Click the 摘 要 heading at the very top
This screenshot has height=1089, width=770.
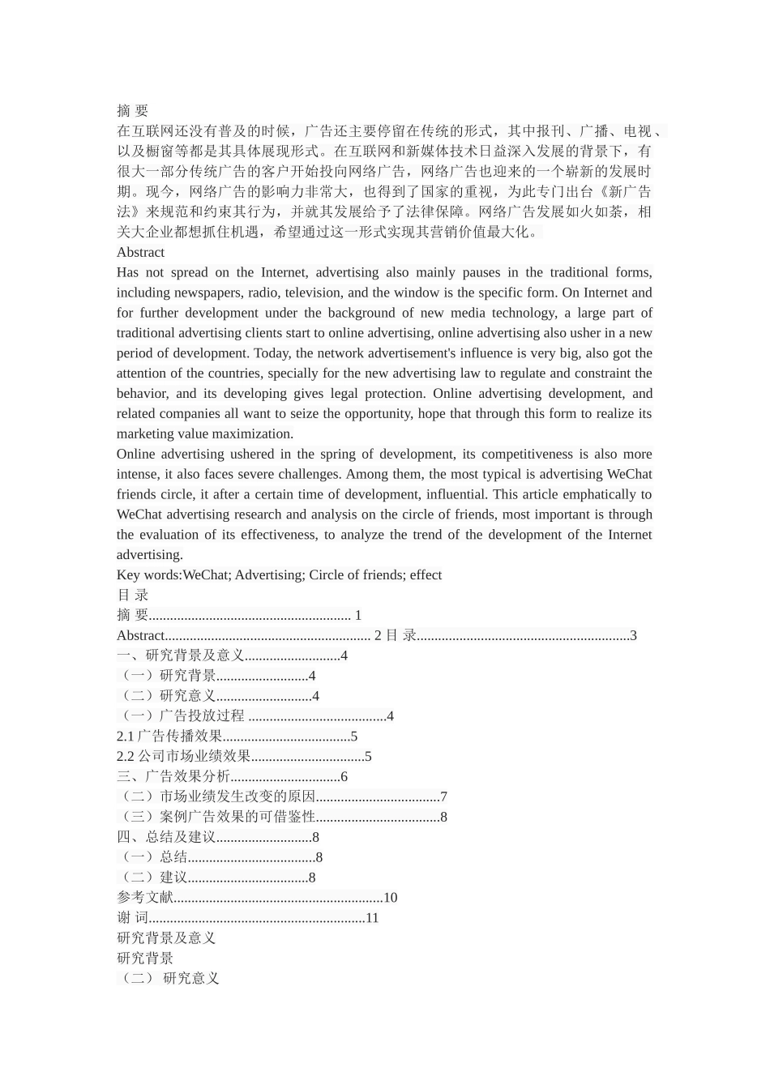[132, 111]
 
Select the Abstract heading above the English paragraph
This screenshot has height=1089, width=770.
[140, 252]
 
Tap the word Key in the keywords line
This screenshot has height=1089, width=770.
[129, 575]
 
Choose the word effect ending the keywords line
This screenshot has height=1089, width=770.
[426, 575]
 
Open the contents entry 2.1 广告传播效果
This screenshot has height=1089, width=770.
[169, 737]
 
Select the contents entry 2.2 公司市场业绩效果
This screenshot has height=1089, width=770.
[184, 757]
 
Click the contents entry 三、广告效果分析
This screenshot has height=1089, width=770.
[173, 777]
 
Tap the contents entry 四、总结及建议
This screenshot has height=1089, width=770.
[166, 837]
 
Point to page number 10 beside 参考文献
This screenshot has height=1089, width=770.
[390, 898]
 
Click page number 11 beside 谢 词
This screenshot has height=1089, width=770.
[372, 918]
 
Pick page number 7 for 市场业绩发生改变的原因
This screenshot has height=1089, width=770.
[443, 797]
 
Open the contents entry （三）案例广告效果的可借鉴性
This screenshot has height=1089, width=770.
[216, 817]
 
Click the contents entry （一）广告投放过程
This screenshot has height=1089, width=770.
[182, 716]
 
